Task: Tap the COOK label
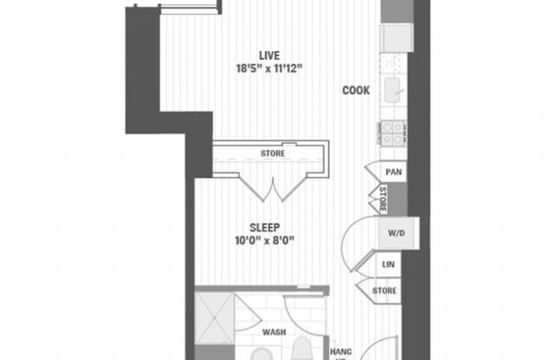(x=356, y=90)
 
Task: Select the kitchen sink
(x=393, y=87)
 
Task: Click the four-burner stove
(x=392, y=132)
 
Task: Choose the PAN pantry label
(x=393, y=172)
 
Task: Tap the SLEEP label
(x=265, y=227)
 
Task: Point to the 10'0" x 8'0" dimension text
(x=265, y=241)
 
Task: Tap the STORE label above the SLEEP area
(x=273, y=154)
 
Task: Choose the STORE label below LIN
(x=386, y=291)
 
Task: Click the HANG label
(x=341, y=352)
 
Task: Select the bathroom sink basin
(x=260, y=354)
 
